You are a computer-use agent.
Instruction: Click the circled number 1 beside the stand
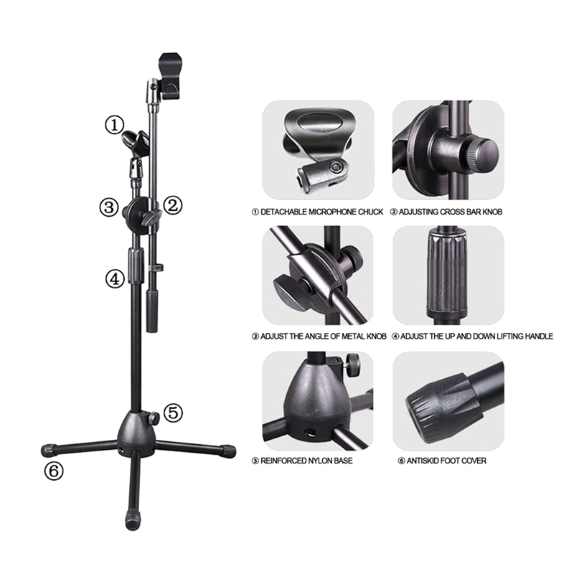point(115,125)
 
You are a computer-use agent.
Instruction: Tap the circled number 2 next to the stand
point(172,206)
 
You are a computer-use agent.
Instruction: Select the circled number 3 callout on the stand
point(109,207)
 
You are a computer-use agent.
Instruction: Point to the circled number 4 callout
point(115,278)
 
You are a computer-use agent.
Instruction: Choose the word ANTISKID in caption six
point(422,460)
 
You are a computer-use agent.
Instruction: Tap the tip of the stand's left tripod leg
point(47,450)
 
